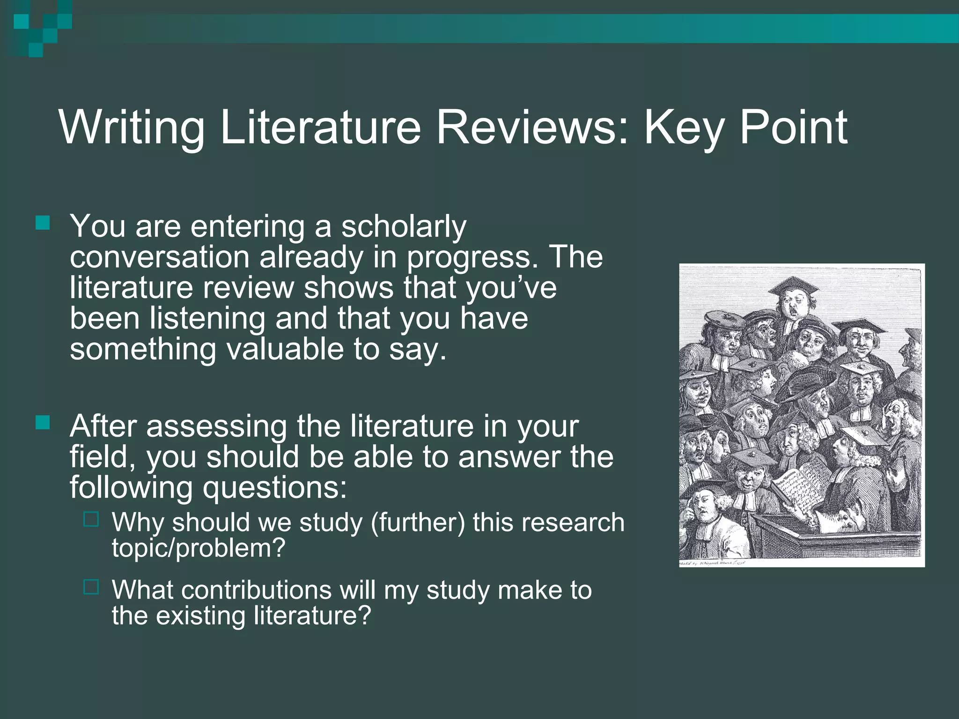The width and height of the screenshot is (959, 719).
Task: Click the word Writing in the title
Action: (132, 128)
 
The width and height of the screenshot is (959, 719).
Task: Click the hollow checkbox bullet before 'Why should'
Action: (91, 520)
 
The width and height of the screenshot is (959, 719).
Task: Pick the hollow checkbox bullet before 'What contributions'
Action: (91, 587)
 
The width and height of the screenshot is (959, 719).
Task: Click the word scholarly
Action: (404, 227)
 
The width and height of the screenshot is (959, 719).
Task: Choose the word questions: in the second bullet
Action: (274, 488)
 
